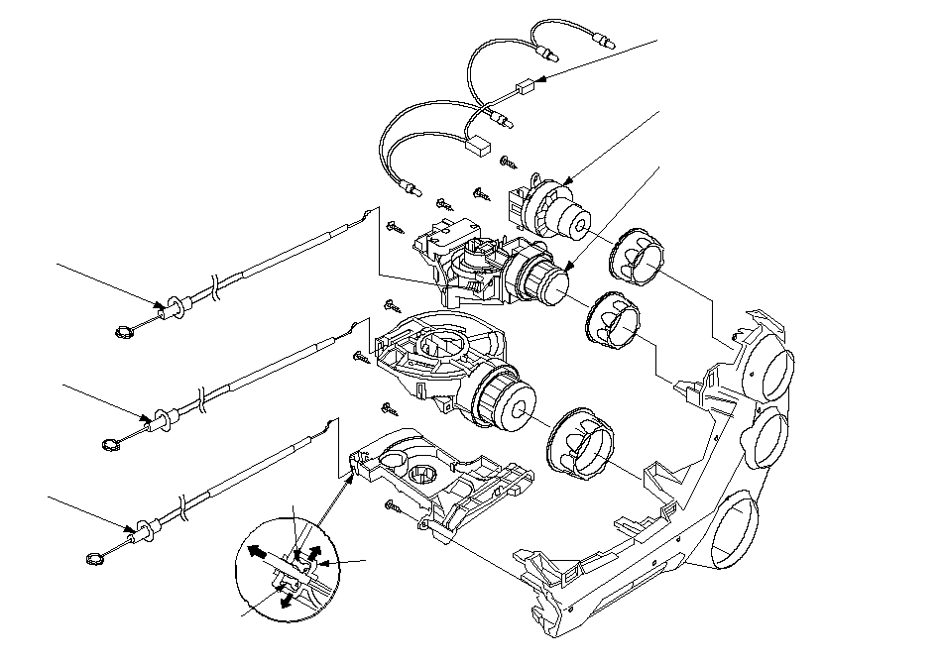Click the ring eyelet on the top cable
tap(121, 332)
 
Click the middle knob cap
tap(613, 321)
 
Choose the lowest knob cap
tap(578, 441)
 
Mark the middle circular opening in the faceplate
tap(767, 439)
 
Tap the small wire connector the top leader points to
tap(526, 89)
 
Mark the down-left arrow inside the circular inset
tap(288, 599)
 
